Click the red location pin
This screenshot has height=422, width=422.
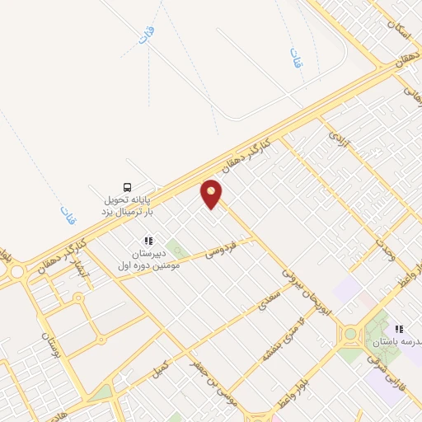[x=212, y=194]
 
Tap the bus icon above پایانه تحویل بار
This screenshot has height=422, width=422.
[x=127, y=186]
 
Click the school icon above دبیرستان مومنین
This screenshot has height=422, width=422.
[x=148, y=241]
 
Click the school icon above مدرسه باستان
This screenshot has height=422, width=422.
[x=400, y=329]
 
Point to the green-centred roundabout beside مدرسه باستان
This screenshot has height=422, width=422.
[x=351, y=334]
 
